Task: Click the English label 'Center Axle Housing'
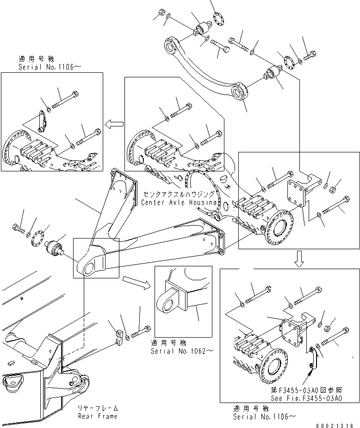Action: coord(179,202)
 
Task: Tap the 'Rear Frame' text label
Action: coord(98,416)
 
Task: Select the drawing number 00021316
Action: coord(338,425)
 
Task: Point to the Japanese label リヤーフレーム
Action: coord(98,408)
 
